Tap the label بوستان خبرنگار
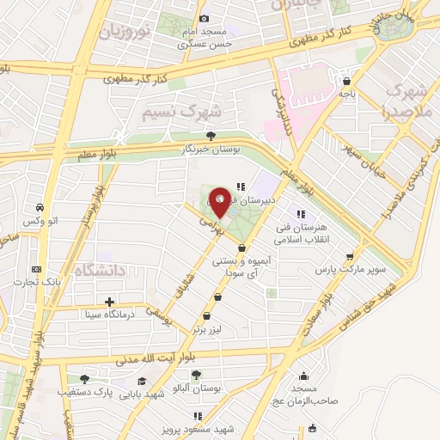coord(211,149)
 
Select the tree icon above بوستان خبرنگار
coord(211,135)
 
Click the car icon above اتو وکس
coord(40,207)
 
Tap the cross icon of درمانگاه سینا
coord(109,302)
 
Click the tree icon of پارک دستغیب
coord(84,378)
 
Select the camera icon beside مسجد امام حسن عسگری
coord(204,19)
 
